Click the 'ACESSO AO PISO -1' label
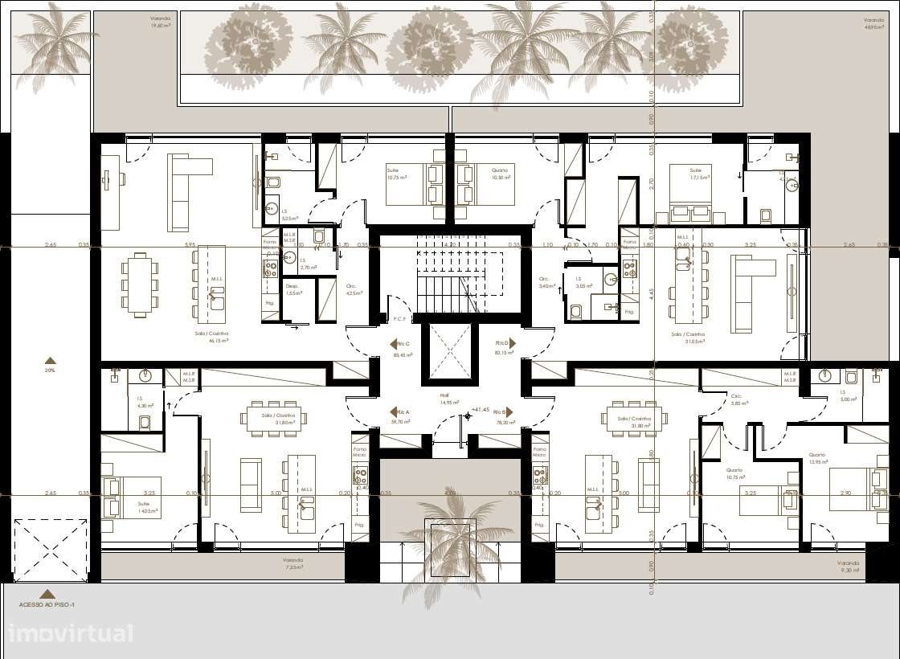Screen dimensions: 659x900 (47, 604)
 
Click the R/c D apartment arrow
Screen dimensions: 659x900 (511, 343)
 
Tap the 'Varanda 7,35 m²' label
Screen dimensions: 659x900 (292, 563)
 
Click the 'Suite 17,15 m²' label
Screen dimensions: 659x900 (696, 174)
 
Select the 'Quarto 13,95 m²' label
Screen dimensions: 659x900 (817, 459)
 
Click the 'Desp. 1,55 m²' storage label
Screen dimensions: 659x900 (292, 290)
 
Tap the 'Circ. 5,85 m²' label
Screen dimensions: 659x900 (736, 399)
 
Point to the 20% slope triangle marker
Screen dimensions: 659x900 (50, 361)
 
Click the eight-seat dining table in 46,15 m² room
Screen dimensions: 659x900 (140, 284)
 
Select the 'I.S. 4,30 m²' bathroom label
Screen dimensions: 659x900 (145, 402)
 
